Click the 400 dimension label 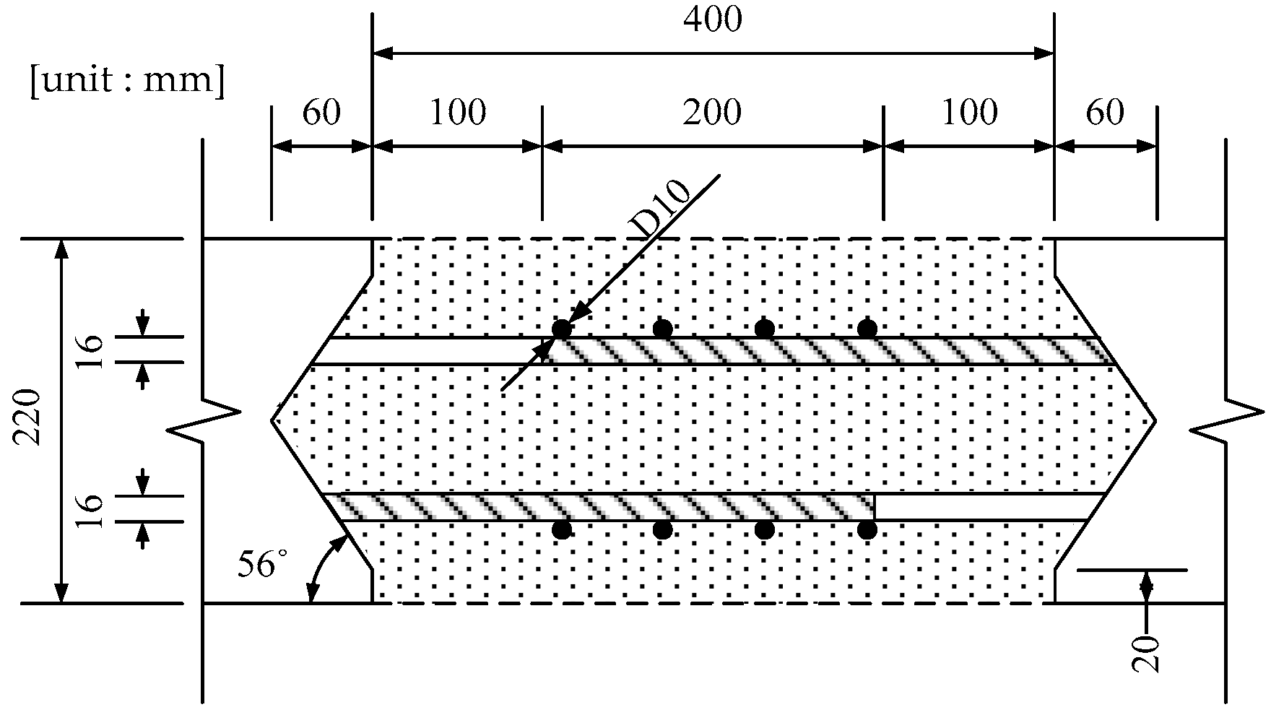click(713, 19)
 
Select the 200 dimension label click(713, 113)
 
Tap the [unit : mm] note click(127, 81)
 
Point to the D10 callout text click(661, 209)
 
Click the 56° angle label click(258, 564)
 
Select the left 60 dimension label click(321, 113)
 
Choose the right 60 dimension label click(1105, 113)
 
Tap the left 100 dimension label click(458, 113)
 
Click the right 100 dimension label click(969, 113)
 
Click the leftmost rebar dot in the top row click(562, 329)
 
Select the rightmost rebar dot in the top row click(867, 329)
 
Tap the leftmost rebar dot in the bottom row click(562, 530)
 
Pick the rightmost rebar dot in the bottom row click(867, 530)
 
